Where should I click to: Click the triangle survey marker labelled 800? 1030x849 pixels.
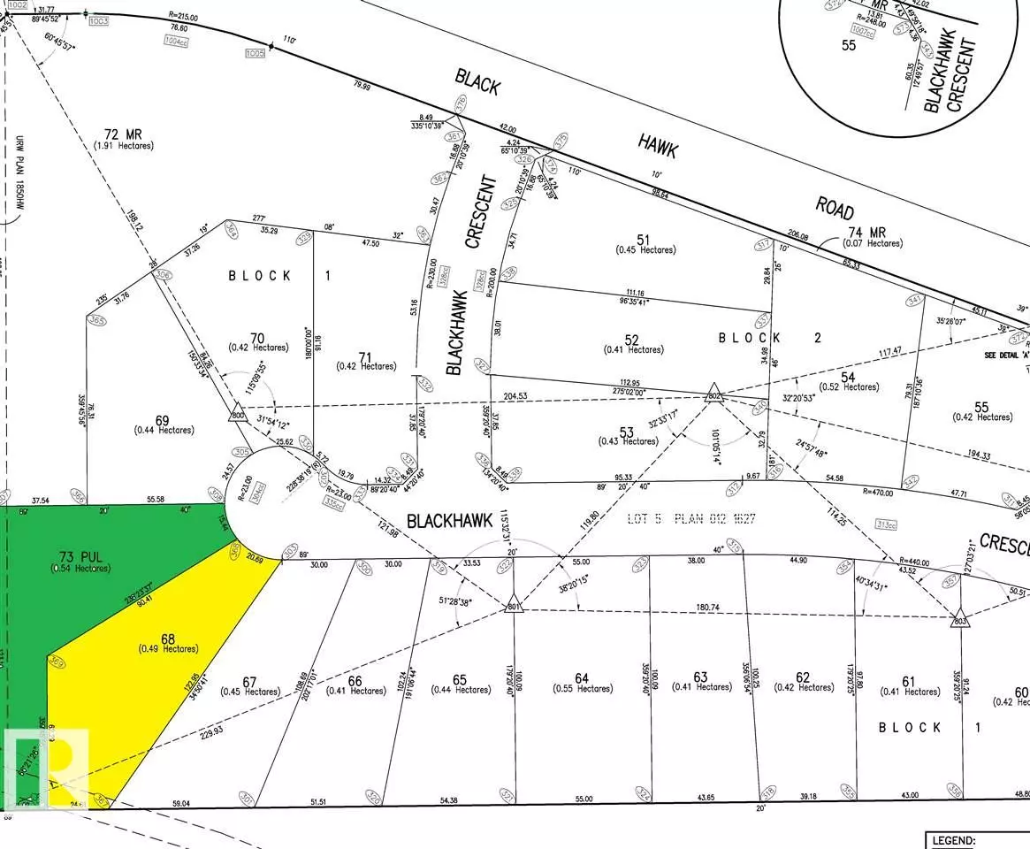point(237,414)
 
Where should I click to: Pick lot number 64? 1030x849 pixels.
point(581,678)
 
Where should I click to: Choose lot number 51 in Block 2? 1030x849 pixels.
point(644,239)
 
